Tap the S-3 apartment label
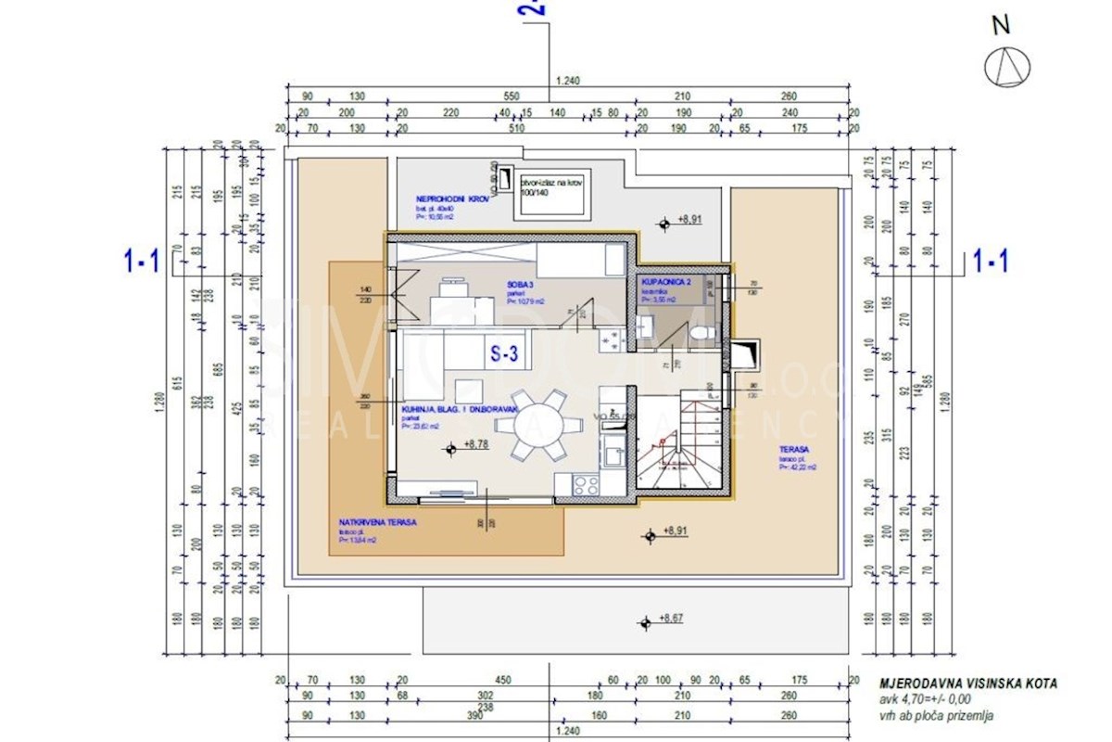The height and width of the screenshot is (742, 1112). pyautogui.click(x=509, y=352)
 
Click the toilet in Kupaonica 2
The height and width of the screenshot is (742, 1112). pyautogui.click(x=706, y=329)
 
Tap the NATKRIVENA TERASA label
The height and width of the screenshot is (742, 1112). pyautogui.click(x=377, y=522)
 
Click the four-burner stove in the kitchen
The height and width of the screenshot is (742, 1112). pyautogui.click(x=587, y=484)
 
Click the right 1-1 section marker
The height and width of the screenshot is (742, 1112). pyautogui.click(x=991, y=262)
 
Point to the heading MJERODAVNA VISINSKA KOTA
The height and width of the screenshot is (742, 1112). pyautogui.click(x=967, y=684)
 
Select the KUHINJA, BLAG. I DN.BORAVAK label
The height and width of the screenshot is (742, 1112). pyautogui.click(x=460, y=409)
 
